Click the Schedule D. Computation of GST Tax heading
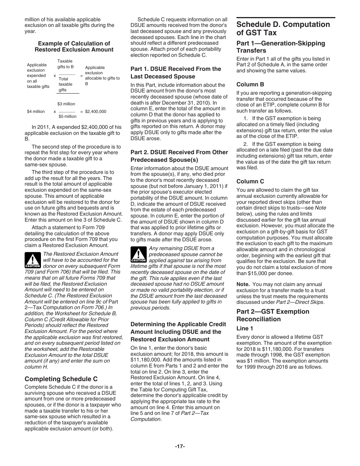(x=283, y=28)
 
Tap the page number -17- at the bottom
(x=180, y=446)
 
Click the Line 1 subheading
(x=245, y=328)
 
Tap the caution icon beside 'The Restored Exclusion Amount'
(x=33, y=260)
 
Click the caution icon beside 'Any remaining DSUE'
(x=138, y=254)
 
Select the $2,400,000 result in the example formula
(x=95, y=112)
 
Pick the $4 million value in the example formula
(x=36, y=112)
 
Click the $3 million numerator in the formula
(x=66, y=104)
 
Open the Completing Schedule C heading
(x=61, y=379)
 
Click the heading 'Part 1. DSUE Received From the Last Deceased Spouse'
(x=175, y=72)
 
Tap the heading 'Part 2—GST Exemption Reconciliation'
(x=272, y=315)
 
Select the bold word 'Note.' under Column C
(x=243, y=284)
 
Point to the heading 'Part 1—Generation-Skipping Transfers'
(x=280, y=47)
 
